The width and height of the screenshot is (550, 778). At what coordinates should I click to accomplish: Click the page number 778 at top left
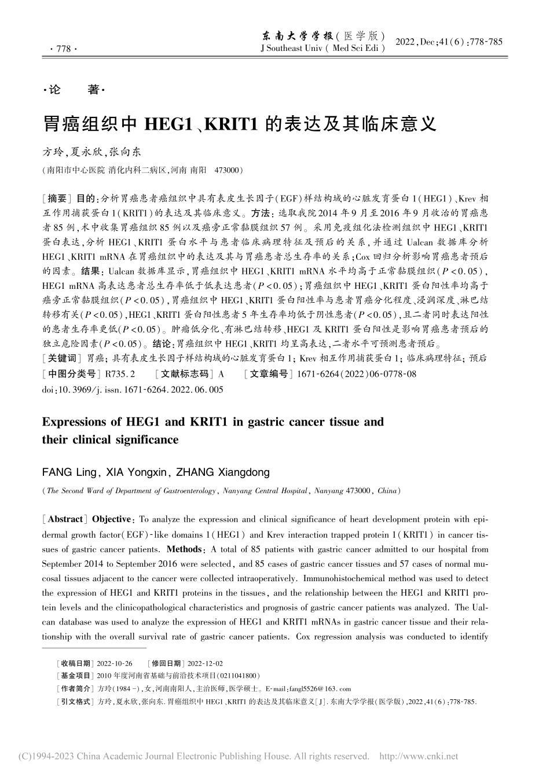click(60, 50)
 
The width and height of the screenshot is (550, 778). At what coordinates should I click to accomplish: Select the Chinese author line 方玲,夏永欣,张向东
click(91, 152)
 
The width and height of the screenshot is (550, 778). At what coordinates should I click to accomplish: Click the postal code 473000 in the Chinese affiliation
click(227, 171)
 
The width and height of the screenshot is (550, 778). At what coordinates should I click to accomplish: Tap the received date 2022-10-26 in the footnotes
click(115, 663)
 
